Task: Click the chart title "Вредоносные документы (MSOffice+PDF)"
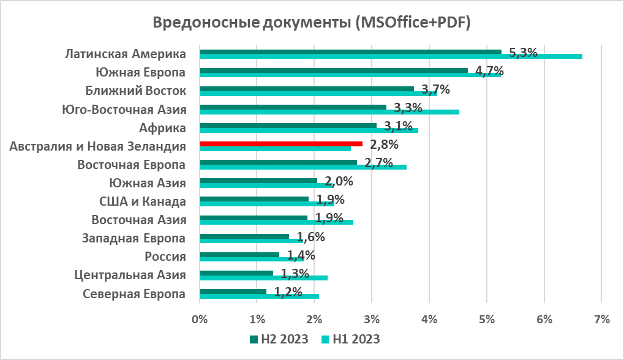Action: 311,23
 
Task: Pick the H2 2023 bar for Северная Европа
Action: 233,291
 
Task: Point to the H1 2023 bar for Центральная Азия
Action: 263,278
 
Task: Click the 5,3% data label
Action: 522,53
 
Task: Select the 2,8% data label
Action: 384,145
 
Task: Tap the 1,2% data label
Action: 288,292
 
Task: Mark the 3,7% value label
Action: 435,90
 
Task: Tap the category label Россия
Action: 165,256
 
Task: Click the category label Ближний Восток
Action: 135,91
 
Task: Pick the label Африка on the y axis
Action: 162,128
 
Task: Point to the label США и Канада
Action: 142,201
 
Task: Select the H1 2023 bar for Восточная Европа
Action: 303,167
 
